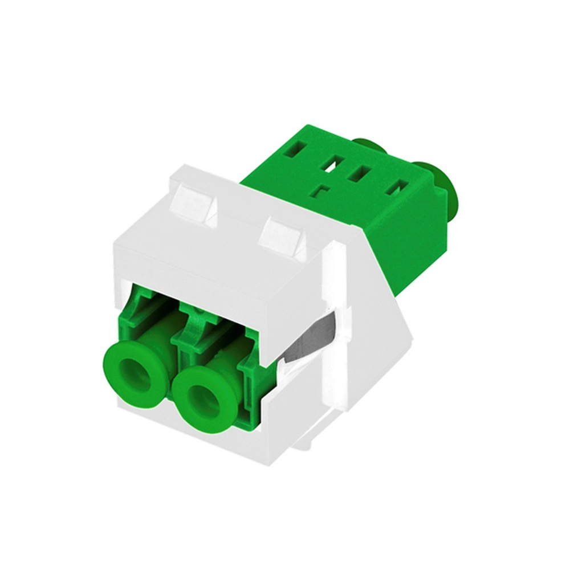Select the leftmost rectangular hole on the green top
[295, 151]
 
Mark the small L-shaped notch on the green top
[323, 191]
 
